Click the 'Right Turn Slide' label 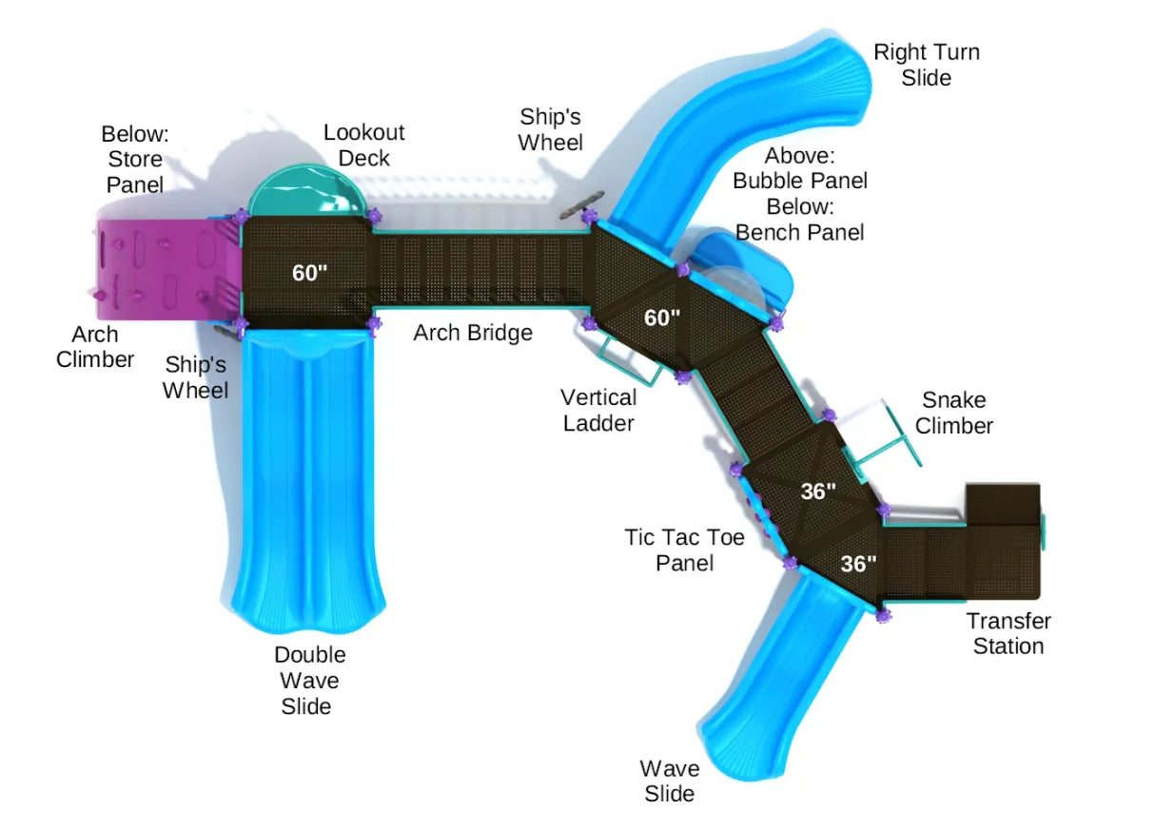[926, 65]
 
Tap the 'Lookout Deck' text [363, 145]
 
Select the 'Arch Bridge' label [472, 333]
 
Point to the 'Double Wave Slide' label [309, 680]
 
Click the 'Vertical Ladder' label [597, 410]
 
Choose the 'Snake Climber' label [953, 413]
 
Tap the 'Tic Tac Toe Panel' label [684, 549]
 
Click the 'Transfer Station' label [1008, 633]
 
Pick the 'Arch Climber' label [94, 346]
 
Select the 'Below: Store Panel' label [134, 159]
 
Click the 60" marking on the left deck [309, 273]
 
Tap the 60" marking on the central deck [662, 318]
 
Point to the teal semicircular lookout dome [306, 191]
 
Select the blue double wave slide [304, 475]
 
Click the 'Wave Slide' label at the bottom [669, 780]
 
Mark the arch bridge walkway [480, 271]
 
